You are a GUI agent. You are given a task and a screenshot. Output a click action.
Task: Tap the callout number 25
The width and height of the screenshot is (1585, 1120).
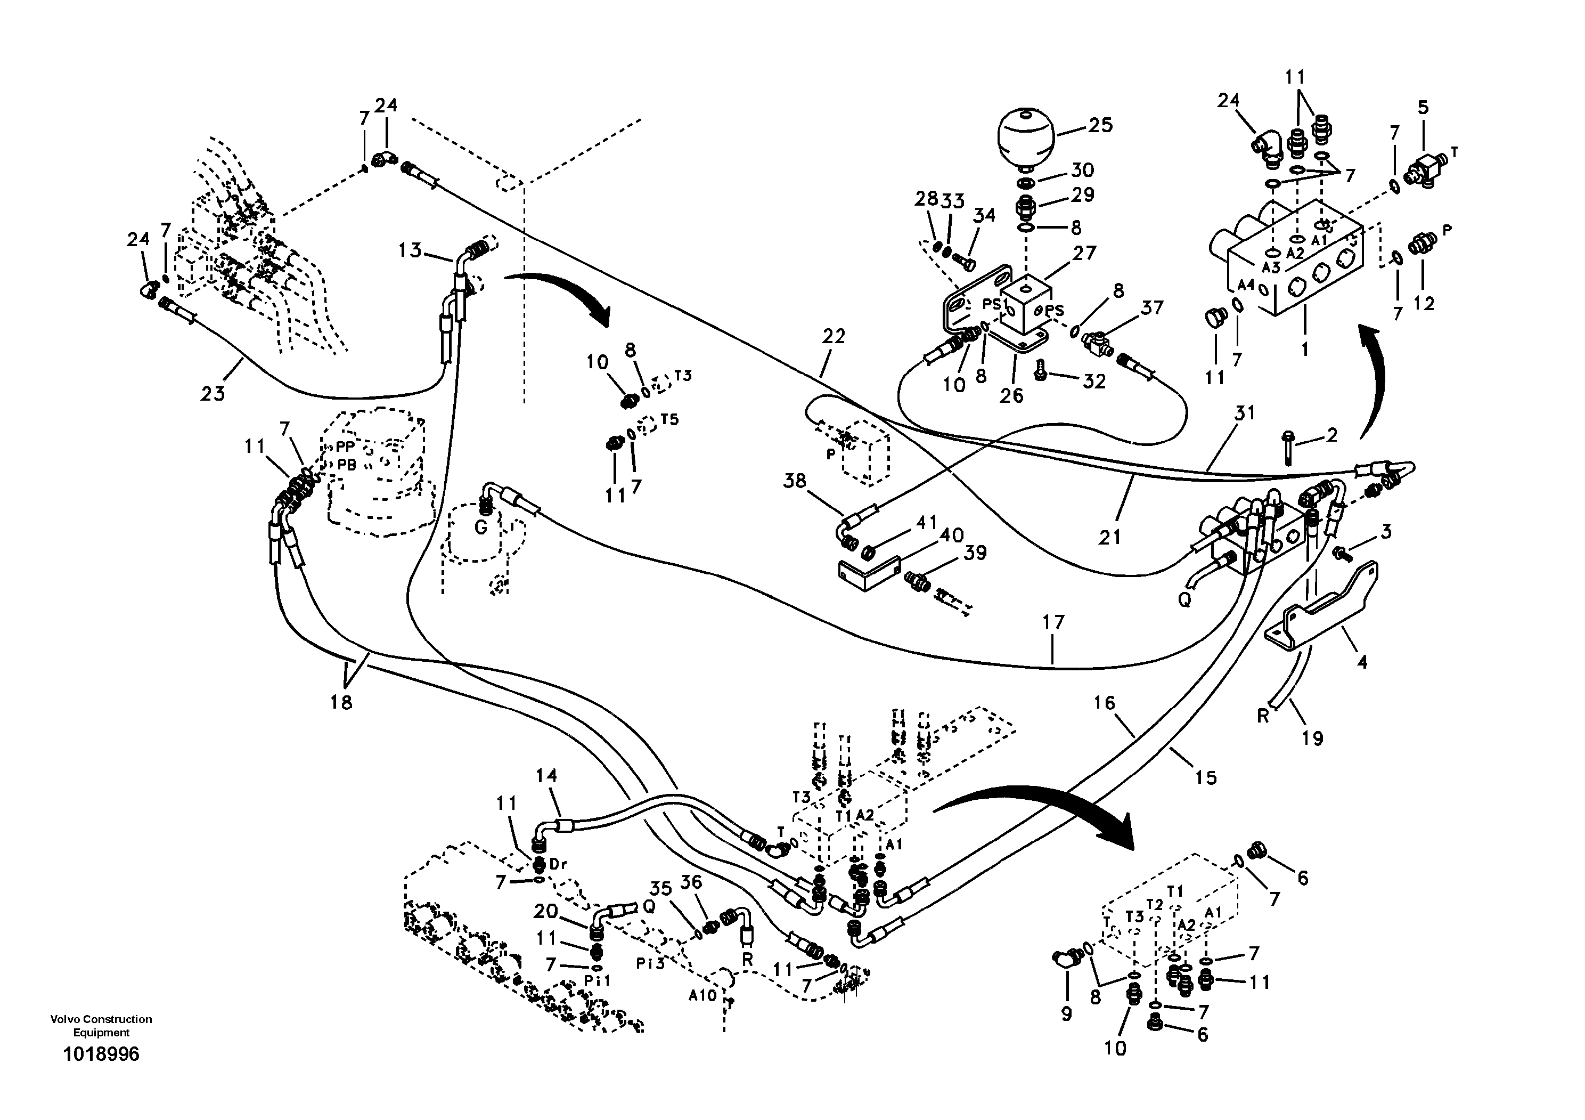[x=1100, y=125]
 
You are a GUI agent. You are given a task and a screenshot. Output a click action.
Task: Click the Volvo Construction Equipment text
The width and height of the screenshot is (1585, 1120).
[x=101, y=1025]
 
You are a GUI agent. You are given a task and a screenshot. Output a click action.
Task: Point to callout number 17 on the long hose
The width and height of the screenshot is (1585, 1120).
[x=1053, y=622]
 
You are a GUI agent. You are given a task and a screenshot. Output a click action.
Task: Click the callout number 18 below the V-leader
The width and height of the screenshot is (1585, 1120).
[x=341, y=702]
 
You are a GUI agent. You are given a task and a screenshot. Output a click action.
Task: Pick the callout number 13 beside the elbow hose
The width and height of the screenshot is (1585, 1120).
[x=410, y=250]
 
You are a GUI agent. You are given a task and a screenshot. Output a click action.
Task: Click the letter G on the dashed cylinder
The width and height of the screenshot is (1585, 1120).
[x=481, y=528]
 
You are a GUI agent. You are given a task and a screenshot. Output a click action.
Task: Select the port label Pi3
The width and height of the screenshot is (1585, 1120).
[x=650, y=964]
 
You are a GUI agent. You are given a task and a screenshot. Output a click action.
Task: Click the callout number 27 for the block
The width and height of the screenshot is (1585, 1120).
[x=1084, y=254]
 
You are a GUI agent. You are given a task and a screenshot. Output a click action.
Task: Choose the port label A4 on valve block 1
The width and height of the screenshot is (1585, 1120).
[x=1245, y=285]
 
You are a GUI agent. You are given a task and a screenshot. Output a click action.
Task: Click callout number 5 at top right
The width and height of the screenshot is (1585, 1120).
[x=1423, y=107]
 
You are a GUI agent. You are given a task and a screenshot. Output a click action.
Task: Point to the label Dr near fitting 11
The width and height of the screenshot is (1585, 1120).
[x=558, y=864]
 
